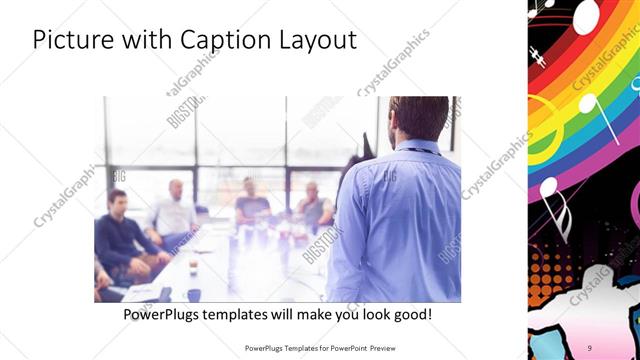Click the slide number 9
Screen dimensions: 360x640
pos(590,347)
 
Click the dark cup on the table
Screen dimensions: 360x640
pos(193,293)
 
